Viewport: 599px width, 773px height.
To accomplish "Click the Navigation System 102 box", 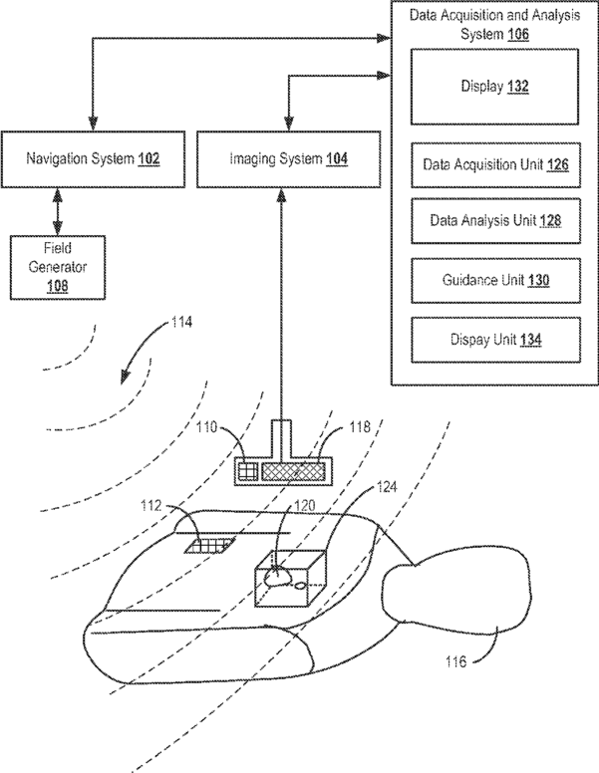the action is (x=94, y=159).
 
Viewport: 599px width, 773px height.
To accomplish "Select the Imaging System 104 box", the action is (x=289, y=159).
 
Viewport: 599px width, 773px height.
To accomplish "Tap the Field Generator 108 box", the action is (x=58, y=267).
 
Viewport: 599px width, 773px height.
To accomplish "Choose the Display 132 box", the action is (x=495, y=87).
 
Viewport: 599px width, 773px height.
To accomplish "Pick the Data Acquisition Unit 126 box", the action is (x=496, y=164).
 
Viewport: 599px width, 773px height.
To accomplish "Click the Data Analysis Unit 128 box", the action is (x=496, y=220).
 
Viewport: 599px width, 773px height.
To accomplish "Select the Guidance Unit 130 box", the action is (x=496, y=281).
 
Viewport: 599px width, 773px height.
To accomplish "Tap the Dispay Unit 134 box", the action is (x=496, y=340).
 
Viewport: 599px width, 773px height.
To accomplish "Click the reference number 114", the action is (x=181, y=323).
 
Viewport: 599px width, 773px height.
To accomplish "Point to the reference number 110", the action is (x=206, y=426).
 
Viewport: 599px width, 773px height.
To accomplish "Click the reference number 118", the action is (x=360, y=426).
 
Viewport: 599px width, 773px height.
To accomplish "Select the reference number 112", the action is (x=150, y=506).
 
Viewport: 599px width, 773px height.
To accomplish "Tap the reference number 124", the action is (x=387, y=487).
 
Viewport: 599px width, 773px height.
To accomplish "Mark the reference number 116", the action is (x=455, y=661).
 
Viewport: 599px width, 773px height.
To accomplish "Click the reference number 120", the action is (x=304, y=506).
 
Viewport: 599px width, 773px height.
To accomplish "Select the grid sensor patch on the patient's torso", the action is (x=210, y=546).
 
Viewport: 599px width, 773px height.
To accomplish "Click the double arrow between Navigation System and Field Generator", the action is (x=58, y=211).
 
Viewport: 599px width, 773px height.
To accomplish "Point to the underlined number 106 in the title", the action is (x=518, y=35).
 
